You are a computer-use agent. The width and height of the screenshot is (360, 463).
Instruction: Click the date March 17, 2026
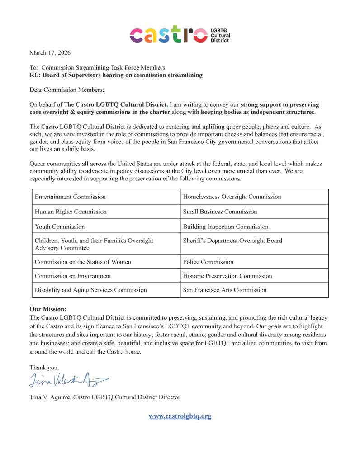(x=50, y=53)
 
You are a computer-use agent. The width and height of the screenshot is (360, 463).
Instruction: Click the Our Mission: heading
(x=48, y=309)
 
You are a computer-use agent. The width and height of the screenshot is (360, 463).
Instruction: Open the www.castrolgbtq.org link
(x=180, y=416)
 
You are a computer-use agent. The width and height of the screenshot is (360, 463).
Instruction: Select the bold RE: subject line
(x=116, y=75)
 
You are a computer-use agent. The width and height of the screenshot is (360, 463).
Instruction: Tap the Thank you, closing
(x=44, y=368)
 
